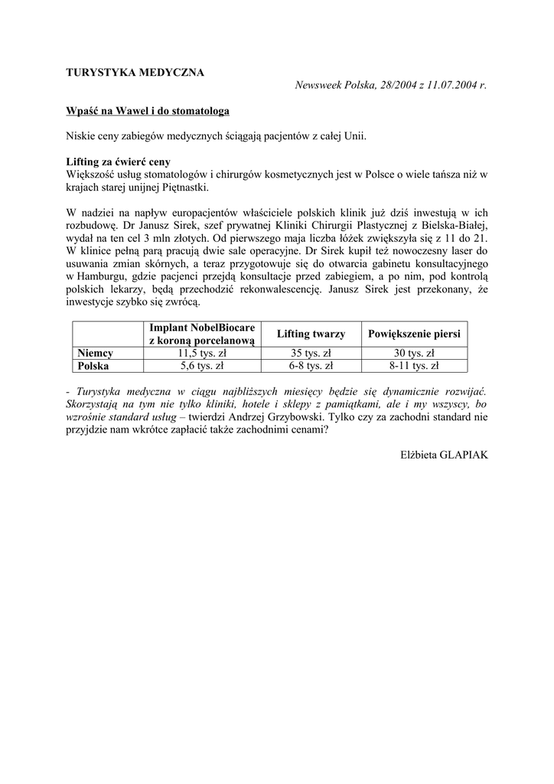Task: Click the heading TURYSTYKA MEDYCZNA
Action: point(135,73)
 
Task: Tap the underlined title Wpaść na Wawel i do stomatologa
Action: point(148,111)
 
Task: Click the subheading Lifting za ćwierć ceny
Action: point(119,162)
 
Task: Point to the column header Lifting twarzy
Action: point(311,334)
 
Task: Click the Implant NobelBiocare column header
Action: point(203,334)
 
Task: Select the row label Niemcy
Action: point(96,353)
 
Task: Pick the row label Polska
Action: point(94,366)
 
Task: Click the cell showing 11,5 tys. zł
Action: point(203,353)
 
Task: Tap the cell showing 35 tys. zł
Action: point(311,353)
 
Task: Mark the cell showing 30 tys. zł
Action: point(414,353)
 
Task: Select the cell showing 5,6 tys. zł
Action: point(203,366)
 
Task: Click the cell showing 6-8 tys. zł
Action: point(311,366)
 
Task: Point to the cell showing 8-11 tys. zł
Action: point(414,366)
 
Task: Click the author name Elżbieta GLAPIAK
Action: point(444,454)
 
